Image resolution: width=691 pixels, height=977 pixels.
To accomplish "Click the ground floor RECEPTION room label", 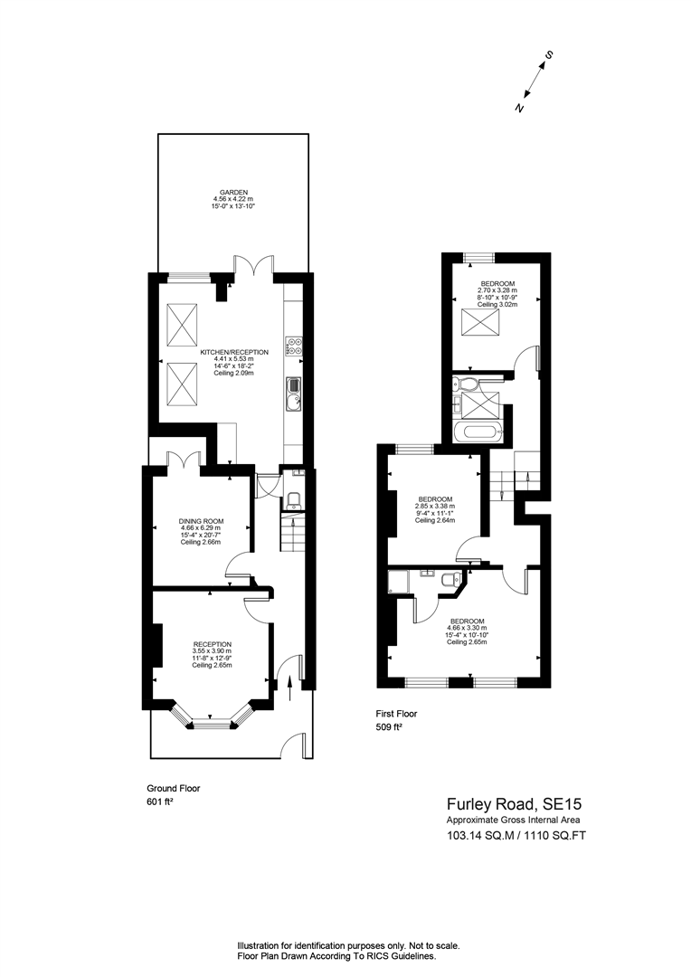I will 212,644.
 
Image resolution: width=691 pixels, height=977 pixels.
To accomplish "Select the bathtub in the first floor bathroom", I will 475,431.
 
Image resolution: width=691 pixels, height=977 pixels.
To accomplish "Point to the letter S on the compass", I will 548,56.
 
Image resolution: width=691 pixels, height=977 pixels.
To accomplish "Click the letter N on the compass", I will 519,108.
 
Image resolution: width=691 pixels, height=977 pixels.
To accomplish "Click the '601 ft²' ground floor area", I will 159,802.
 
